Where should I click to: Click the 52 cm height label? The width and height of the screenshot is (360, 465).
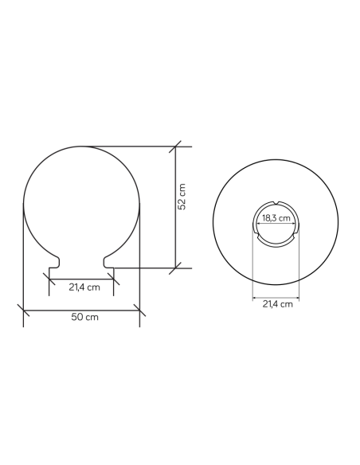tap(182, 197)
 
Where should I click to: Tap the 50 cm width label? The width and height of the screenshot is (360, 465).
tap(84, 317)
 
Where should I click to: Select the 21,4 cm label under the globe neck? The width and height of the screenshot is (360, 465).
tap(84, 287)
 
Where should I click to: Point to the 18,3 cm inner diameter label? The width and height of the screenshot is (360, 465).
tap(276, 218)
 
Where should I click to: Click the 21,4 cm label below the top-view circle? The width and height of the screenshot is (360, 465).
tap(277, 304)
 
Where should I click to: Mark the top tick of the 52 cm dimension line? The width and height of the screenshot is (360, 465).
tap(175, 147)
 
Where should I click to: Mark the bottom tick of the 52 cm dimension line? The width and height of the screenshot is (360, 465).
tap(175, 268)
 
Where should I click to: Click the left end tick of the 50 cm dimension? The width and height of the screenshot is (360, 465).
tap(23, 311)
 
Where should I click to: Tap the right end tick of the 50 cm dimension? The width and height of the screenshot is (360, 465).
tap(139, 311)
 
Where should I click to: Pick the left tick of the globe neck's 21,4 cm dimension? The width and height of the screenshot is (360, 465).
tap(49, 279)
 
